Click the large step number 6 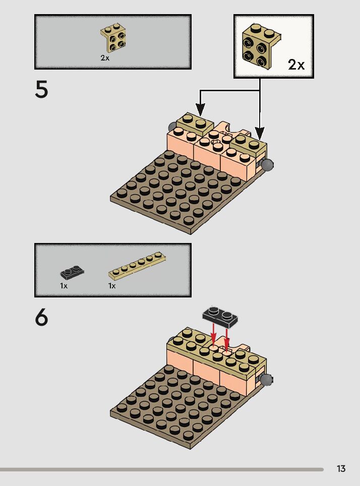click(41, 318)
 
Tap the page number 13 click(341, 469)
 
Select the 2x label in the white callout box click(296, 65)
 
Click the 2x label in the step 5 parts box click(104, 58)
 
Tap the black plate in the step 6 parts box click(72, 272)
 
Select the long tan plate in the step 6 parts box click(138, 266)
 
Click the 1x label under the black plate click(64, 285)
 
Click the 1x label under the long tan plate click(112, 285)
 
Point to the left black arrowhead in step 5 click(201, 109)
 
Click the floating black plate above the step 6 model click(219, 316)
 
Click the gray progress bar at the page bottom click(161, 469)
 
